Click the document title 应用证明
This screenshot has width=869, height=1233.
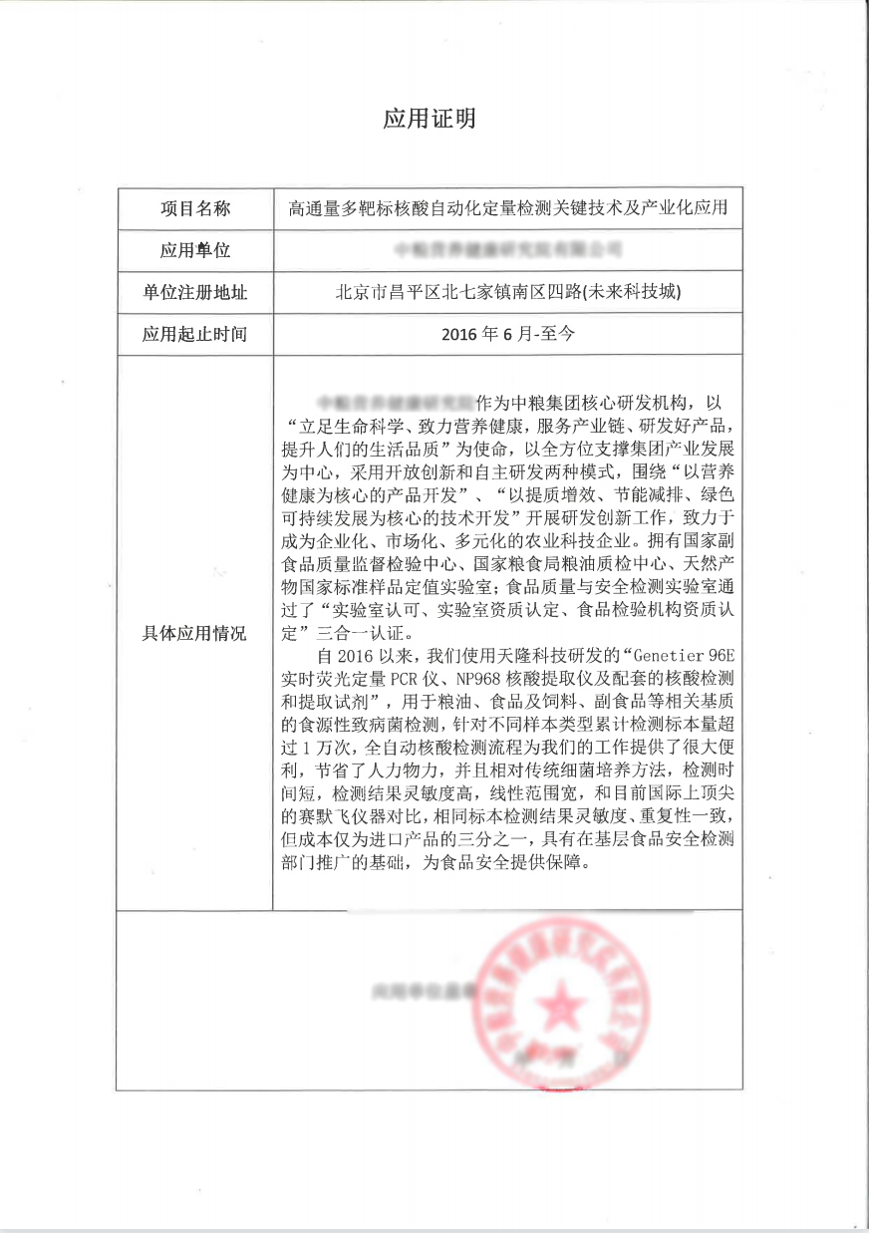(x=430, y=120)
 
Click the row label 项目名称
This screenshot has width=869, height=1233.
(x=195, y=208)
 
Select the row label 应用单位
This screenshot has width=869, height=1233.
(x=195, y=249)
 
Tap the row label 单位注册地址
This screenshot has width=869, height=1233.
(x=195, y=292)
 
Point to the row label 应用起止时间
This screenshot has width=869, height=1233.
(x=195, y=334)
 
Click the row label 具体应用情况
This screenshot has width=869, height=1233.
(x=195, y=633)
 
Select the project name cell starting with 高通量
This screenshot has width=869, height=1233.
(x=507, y=208)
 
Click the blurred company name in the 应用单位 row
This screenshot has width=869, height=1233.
(x=508, y=248)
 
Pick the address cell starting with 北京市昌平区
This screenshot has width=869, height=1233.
(x=507, y=292)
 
